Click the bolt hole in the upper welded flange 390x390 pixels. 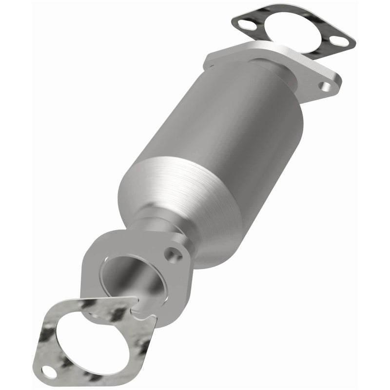pyautogui.click(x=325, y=87)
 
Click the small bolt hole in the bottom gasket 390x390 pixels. pyautogui.click(x=48, y=371)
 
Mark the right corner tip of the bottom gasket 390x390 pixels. pyautogui.click(x=155, y=319)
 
